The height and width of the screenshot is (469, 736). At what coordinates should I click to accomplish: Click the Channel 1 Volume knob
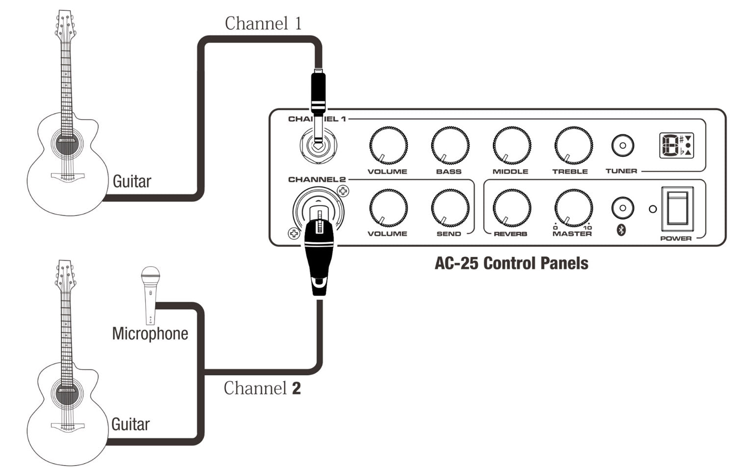coord(388,146)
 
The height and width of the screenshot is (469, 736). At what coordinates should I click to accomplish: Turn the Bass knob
coord(449,146)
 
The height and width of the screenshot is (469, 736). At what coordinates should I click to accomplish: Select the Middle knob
coord(511,146)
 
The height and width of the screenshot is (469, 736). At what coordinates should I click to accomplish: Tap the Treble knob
coord(573,146)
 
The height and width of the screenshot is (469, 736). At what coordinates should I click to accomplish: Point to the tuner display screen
coord(676,146)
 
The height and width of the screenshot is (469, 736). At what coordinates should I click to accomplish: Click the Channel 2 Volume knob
coord(388,208)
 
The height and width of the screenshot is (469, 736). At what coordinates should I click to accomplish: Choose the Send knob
coord(449,208)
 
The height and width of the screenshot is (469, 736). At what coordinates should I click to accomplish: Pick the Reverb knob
coord(511,208)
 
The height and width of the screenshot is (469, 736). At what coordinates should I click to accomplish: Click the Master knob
coord(573,208)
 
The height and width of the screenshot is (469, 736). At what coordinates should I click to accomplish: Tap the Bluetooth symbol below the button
coord(621,230)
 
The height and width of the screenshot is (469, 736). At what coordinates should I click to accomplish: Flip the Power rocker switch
coord(677,209)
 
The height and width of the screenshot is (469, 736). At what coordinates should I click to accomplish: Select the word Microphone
coord(150,334)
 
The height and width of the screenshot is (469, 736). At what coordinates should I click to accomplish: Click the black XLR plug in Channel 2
coord(319,255)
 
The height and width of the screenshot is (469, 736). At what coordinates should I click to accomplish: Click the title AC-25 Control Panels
coord(511,263)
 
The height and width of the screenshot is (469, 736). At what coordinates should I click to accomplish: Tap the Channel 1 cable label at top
coord(263,24)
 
